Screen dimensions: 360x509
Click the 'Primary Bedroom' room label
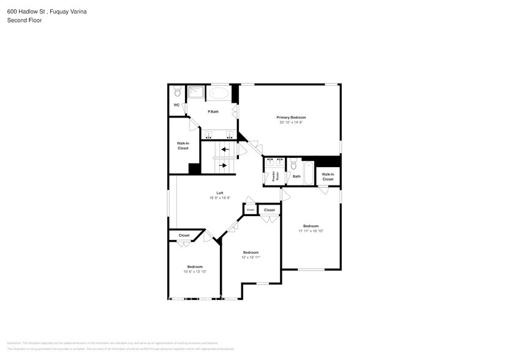point(291,117)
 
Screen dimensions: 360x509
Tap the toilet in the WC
point(177,92)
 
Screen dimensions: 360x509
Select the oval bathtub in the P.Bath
point(219,94)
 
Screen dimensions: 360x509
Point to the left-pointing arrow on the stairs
point(225,149)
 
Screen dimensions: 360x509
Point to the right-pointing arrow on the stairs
point(224,165)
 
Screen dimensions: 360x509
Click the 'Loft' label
point(219,193)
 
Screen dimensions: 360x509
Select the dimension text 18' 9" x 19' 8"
point(219,198)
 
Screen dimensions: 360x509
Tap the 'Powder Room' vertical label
point(274,176)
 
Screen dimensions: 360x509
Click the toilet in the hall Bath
point(293,165)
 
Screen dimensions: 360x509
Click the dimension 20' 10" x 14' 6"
point(291,122)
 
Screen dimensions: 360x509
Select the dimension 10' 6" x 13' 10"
point(195,271)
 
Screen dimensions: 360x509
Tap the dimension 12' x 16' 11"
point(251,257)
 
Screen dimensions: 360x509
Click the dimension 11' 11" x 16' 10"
point(311,231)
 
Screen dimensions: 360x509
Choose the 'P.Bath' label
point(213,111)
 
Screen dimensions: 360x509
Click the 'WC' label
point(176,105)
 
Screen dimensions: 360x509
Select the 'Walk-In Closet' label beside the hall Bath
point(328,176)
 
